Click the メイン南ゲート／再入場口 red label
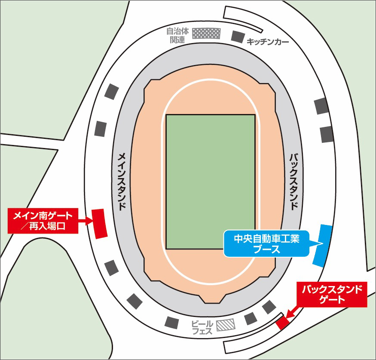point(43,220)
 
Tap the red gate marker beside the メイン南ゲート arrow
point(100,223)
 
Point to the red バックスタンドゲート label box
point(332,295)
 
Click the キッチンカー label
point(268,42)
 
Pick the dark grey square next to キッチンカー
point(238,36)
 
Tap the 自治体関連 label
point(175,35)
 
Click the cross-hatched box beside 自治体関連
point(206,34)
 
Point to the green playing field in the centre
point(211,182)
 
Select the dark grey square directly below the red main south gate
point(111,268)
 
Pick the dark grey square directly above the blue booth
point(327,135)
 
